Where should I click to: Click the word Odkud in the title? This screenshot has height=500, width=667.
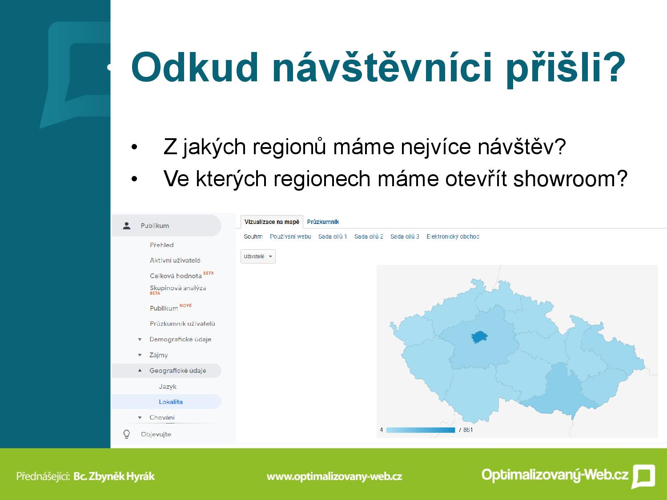[x=195, y=67]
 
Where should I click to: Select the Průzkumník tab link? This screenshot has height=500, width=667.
[x=323, y=222]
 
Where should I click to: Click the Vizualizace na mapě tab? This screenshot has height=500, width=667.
[x=272, y=222]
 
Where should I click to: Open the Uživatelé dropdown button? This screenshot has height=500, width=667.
[x=258, y=256]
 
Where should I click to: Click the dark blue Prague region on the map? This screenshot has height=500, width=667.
[x=479, y=337]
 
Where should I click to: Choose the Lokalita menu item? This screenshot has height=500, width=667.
[x=171, y=402]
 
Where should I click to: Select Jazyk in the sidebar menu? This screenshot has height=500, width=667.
[x=168, y=387]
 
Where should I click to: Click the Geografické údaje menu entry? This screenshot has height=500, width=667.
[x=177, y=371]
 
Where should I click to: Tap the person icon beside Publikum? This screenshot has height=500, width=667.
[x=127, y=226]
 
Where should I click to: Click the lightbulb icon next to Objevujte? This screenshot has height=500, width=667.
[x=127, y=434]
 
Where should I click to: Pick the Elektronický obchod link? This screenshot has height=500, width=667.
[x=453, y=236]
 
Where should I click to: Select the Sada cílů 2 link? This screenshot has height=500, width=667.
[x=369, y=236]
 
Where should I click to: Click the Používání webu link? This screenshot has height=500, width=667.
[x=290, y=236]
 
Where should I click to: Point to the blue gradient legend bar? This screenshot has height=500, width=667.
[x=421, y=430]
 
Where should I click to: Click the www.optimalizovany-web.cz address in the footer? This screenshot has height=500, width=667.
[x=334, y=476]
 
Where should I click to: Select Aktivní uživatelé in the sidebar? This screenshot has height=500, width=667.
[x=175, y=260]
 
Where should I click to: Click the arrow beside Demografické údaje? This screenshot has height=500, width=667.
[x=140, y=340]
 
